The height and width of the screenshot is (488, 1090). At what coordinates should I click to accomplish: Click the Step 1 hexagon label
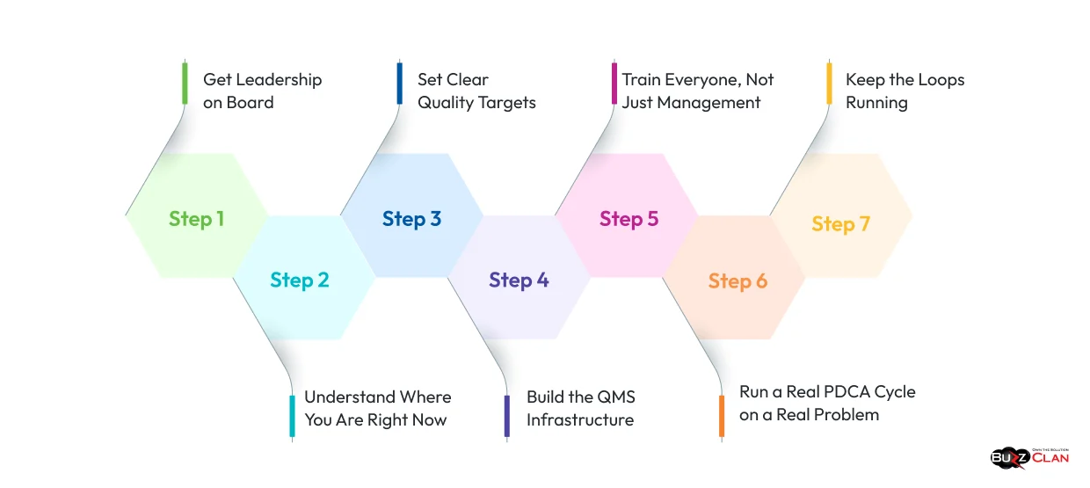pos(196,219)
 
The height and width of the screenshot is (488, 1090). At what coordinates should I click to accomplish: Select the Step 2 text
pos(300,280)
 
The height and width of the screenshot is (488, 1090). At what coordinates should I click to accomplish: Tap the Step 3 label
pos(411,219)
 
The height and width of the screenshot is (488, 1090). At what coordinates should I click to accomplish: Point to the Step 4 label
pos(519,280)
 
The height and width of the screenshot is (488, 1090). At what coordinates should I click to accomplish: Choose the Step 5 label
pos(629,219)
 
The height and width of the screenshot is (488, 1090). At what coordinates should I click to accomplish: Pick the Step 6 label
pos(738,281)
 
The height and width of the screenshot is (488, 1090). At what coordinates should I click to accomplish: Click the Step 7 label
pos(840,224)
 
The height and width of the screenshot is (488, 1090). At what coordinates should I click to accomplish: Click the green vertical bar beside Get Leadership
pos(185,84)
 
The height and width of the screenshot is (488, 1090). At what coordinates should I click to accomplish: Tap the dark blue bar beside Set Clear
pos(400,84)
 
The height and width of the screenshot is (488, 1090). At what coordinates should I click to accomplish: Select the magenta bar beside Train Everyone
pos(614,84)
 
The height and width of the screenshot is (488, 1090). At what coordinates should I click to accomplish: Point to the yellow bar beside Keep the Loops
pos(829,84)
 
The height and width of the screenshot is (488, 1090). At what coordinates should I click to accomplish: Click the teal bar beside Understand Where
pos(293,416)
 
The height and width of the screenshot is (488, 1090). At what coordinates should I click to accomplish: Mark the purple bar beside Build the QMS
pos(507,416)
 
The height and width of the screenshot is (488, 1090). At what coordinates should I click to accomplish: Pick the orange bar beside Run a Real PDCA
pos(722,416)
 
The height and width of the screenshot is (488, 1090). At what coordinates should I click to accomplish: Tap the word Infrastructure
pos(579,420)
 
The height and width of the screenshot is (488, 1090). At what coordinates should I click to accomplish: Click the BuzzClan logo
pos(1029,457)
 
